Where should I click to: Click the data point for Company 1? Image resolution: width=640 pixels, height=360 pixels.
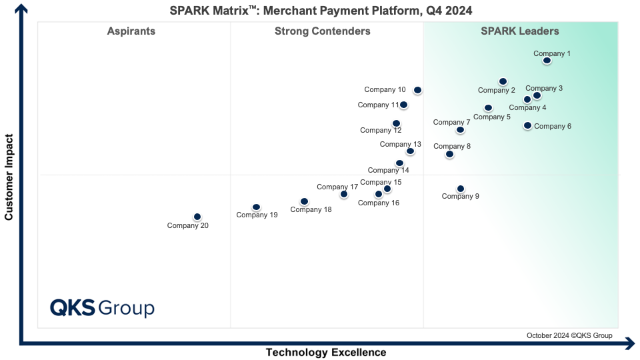[547, 61]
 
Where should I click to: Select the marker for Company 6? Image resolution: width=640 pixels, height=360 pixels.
[527, 125]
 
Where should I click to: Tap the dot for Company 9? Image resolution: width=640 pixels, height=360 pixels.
[460, 189]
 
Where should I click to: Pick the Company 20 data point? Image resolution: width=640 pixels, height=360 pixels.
[197, 217]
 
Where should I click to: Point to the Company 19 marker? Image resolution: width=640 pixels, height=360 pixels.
[256, 207]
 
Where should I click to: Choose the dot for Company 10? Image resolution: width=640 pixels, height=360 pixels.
[417, 90]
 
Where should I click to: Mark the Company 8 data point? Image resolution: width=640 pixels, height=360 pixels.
[449, 154]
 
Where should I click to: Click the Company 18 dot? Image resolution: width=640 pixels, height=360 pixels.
[304, 201]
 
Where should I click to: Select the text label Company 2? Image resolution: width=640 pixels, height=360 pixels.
[497, 91]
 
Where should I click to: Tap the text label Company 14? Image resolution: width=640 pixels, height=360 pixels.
[388, 170]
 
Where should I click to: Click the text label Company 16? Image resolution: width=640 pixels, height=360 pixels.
[379, 203]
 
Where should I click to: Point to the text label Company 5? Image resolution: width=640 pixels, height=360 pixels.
[492, 117]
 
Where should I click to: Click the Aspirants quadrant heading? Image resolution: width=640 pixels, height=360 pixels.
[131, 31]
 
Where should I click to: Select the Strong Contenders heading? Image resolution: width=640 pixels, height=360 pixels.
[323, 31]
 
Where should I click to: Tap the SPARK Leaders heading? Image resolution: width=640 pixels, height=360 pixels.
[520, 31]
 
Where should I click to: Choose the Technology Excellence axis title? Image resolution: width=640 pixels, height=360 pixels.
[326, 352]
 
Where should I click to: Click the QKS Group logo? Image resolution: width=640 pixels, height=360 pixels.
[103, 308]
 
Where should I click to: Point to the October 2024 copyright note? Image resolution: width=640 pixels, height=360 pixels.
[569, 335]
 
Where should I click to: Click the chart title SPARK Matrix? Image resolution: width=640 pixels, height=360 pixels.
[321, 9]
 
